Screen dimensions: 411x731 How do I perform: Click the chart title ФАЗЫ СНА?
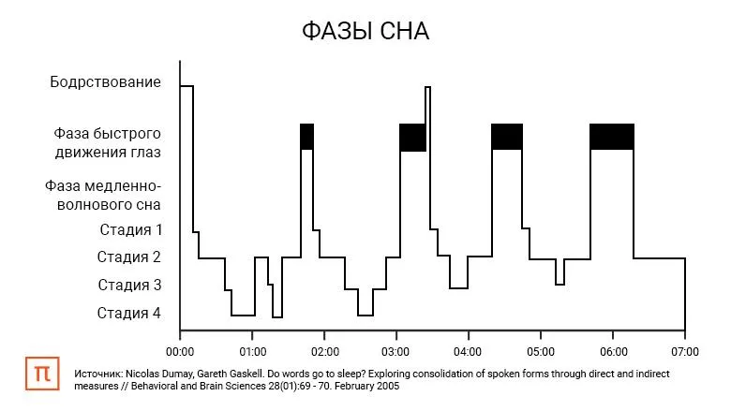(365, 32)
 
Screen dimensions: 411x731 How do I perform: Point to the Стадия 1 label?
(131, 229)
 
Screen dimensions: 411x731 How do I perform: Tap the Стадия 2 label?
(131, 257)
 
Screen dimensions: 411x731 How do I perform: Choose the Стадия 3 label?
(131, 285)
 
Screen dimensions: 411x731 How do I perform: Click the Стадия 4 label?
(131, 313)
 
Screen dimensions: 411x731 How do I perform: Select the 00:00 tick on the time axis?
(180, 352)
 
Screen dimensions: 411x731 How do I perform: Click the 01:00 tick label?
(252, 352)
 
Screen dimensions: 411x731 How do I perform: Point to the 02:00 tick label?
(324, 352)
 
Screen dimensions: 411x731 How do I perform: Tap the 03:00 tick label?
(396, 352)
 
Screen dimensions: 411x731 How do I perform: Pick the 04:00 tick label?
(469, 352)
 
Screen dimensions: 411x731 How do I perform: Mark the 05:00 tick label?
(541, 352)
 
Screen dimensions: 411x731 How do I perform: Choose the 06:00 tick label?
(613, 352)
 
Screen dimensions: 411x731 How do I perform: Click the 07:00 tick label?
(685, 352)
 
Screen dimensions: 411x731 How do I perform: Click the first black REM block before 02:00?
(306, 136)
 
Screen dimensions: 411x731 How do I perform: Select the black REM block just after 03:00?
(412, 137)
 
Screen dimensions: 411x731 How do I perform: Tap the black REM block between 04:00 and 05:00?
(506, 136)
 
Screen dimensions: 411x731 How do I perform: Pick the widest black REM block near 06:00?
(612, 136)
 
